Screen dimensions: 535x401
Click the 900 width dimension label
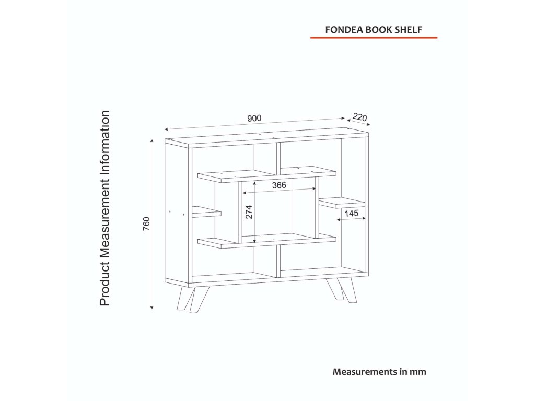[254, 119]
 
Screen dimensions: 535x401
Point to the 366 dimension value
[278, 185]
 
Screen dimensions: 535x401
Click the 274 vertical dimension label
[249, 211]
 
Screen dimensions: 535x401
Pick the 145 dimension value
[351, 213]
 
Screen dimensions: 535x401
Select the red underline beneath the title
[374, 38]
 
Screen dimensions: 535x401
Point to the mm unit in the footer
[418, 372]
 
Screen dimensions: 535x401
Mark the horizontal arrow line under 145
[351, 220]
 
